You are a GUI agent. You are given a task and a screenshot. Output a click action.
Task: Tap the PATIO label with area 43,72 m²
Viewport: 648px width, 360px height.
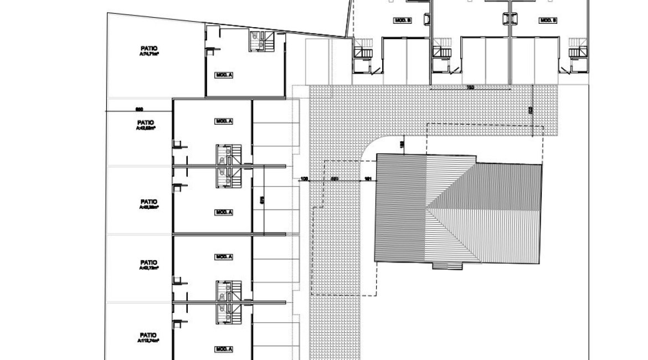point(148,265)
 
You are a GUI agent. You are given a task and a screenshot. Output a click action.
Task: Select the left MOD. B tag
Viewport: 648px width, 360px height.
point(402,20)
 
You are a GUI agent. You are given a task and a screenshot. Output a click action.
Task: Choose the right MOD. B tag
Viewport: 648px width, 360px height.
point(548,20)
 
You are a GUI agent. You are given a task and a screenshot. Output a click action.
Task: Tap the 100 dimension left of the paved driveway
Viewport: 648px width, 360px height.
point(304,179)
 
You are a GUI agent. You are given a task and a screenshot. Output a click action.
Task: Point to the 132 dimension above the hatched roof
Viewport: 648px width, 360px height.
point(403,145)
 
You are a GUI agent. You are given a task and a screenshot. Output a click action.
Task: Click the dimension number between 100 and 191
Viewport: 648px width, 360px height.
point(335,179)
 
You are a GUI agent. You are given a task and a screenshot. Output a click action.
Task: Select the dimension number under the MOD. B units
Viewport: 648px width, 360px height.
point(470,87)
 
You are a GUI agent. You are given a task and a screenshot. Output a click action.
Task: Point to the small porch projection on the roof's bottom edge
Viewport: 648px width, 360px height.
point(446,266)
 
